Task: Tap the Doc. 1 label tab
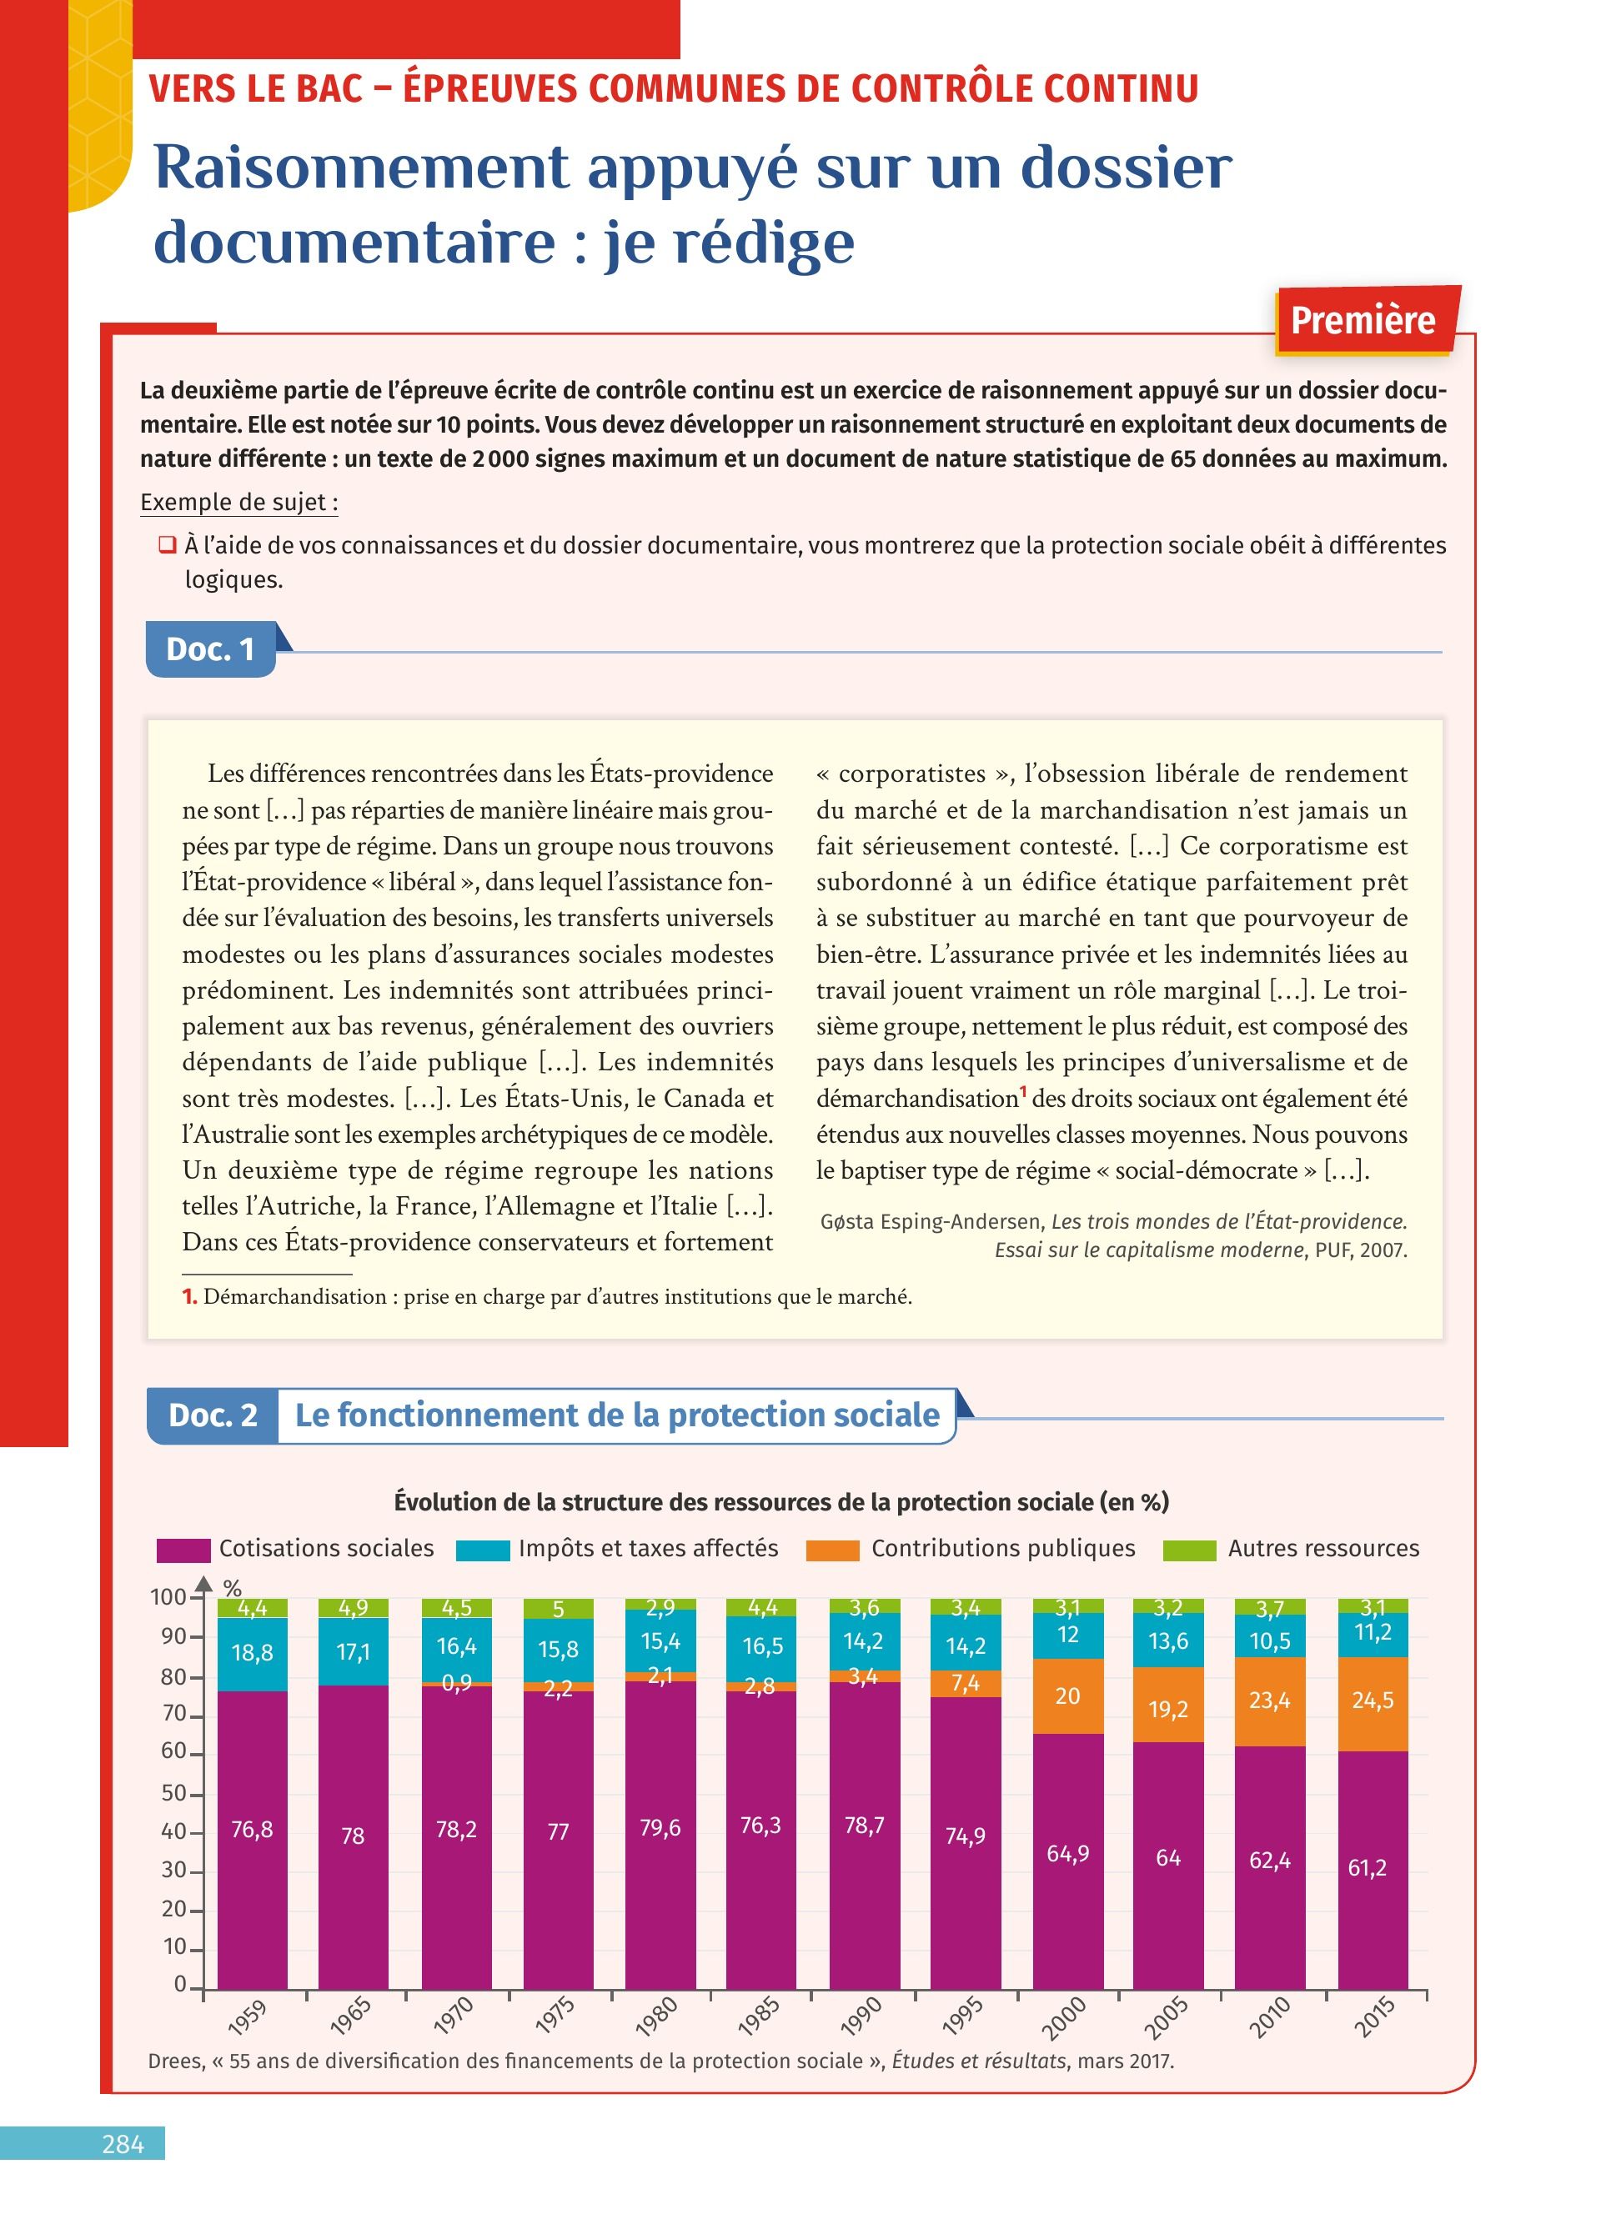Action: click(x=210, y=649)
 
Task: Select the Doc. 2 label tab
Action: click(x=213, y=1415)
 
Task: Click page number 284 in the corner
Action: click(x=123, y=2143)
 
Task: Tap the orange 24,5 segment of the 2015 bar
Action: click(x=1373, y=1700)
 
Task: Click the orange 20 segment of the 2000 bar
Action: click(x=1067, y=1695)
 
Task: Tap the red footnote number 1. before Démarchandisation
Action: click(x=189, y=1296)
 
